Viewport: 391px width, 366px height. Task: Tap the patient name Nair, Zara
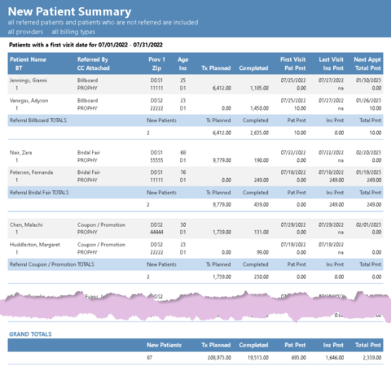click(23, 152)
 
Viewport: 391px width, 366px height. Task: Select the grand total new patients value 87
click(151, 357)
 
